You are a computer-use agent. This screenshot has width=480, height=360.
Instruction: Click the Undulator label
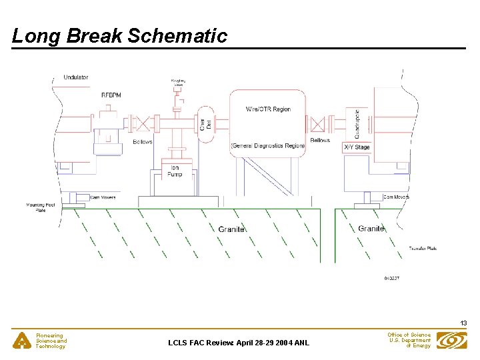[76, 77]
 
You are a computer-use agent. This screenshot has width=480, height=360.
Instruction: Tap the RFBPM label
[111, 95]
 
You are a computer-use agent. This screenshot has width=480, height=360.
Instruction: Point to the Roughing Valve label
[177, 83]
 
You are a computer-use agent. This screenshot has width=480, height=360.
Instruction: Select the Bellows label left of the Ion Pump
[143, 142]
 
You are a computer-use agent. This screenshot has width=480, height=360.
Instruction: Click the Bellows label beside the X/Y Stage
[320, 141]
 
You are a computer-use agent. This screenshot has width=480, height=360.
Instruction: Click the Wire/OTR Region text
[269, 109]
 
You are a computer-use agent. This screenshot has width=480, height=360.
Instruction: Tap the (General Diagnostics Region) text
[268, 145]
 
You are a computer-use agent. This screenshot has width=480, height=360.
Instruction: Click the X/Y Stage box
[357, 147]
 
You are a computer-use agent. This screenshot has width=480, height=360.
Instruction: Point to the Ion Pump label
[175, 170]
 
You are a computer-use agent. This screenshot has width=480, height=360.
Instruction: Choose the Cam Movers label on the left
[103, 197]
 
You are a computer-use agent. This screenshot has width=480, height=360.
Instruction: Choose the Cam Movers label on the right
[397, 197]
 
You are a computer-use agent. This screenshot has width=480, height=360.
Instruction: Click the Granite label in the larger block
[231, 229]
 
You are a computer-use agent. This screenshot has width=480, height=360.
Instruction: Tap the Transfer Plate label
[423, 249]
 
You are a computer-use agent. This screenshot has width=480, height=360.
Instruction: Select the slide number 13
[463, 323]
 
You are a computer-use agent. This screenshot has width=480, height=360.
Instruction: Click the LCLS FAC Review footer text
[238, 343]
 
